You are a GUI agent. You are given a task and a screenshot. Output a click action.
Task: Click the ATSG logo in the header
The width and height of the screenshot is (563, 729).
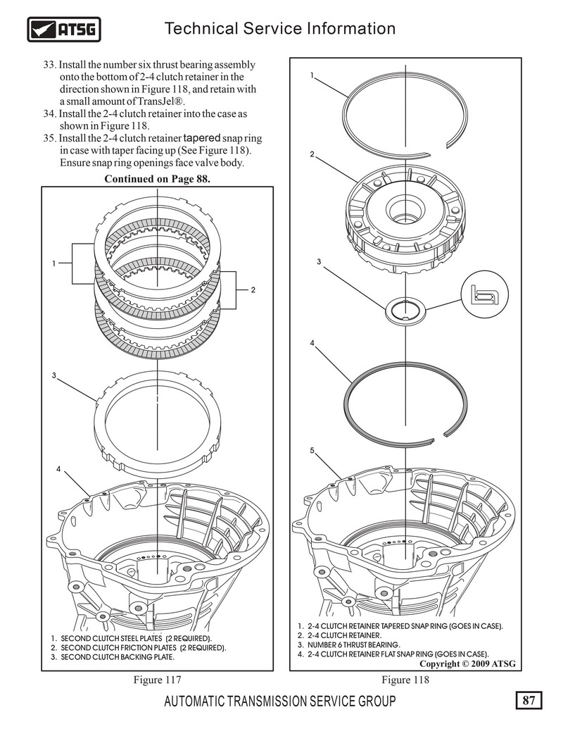(64, 30)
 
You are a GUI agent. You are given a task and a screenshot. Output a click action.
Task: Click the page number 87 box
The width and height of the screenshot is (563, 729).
(529, 700)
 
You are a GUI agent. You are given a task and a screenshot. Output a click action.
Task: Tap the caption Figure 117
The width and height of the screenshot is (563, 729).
(157, 680)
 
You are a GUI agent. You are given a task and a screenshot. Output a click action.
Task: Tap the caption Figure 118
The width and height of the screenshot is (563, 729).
(405, 680)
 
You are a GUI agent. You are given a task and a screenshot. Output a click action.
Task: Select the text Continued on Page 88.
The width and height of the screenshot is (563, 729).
(157, 179)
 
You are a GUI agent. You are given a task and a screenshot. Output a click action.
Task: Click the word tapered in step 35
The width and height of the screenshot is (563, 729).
(201, 138)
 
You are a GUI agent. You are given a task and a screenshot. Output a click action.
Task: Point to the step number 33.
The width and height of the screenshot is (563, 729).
(49, 65)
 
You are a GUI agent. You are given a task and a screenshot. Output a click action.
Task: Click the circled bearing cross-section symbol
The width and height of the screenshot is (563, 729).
(484, 294)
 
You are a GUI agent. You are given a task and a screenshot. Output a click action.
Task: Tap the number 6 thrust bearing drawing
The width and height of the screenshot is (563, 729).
(405, 309)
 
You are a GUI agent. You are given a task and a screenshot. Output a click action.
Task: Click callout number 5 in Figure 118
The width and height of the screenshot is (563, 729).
(312, 450)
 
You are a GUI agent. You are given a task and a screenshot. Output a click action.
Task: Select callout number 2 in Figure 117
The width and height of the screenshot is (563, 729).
(253, 290)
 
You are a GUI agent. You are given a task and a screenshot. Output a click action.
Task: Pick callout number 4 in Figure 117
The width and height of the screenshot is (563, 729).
(58, 469)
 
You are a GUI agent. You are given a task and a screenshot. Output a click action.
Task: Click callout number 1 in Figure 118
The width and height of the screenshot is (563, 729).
(312, 75)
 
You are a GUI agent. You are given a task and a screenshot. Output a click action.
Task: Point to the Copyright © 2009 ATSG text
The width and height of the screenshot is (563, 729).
(467, 663)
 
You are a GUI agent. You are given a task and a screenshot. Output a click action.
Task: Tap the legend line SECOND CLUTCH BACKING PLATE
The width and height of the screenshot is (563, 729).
(113, 657)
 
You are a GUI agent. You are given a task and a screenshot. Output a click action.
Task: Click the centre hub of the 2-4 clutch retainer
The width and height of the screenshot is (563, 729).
(405, 209)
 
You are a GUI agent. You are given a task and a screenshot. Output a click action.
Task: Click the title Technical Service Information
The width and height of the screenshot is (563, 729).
(280, 28)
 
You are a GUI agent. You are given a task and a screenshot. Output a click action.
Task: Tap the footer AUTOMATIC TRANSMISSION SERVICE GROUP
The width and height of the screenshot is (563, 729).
(280, 701)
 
